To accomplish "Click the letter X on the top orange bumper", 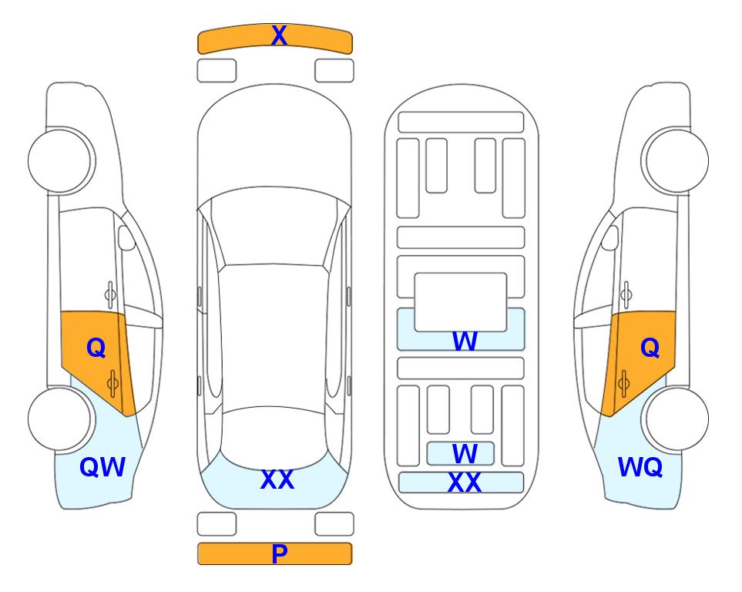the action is [279, 35].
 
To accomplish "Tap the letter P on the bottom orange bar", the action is [279, 553].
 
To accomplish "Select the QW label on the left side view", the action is [102, 467].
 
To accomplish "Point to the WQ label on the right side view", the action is [640, 467].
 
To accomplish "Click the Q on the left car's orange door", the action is [96, 348].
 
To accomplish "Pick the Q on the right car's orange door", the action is [650, 348].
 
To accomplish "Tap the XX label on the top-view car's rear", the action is [277, 479].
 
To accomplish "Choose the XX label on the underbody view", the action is [464, 483].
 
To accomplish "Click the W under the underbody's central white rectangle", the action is [465, 341].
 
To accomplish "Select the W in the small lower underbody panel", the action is [465, 454].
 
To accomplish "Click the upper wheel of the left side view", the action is [61, 160].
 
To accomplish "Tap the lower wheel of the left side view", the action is [59, 419].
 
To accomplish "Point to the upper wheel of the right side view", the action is [676, 160].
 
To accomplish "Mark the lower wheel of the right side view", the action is [677, 419].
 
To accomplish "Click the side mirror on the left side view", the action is [126, 237].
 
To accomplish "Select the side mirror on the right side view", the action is [610, 237].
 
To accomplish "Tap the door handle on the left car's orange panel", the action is [112, 384].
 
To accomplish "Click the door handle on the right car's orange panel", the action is [624, 384].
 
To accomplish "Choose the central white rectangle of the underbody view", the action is [461, 301].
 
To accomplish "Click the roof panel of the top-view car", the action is [273, 336].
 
